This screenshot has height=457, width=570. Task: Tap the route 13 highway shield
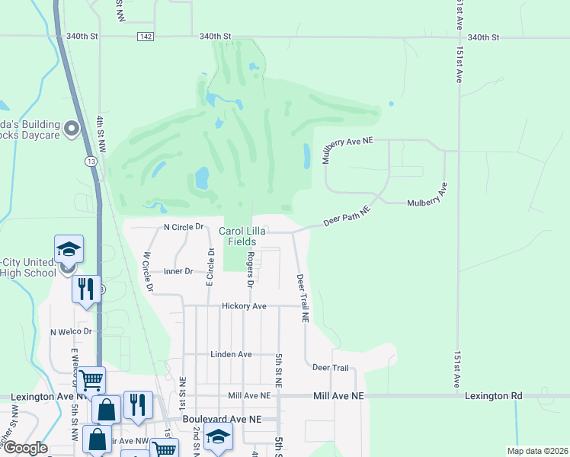91,161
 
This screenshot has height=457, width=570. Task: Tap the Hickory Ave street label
244,306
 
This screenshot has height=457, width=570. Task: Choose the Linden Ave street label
231,355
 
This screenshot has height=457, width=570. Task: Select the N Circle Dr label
184,227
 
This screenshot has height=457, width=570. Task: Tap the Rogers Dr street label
249,270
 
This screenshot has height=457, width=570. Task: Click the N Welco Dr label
71,332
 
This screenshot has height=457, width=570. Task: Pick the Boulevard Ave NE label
222,419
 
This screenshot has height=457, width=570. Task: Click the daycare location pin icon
72,129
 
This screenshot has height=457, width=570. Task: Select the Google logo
24,448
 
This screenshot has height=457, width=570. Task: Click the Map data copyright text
536,451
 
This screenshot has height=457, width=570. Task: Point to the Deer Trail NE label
303,297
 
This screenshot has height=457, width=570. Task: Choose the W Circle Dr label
148,272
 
